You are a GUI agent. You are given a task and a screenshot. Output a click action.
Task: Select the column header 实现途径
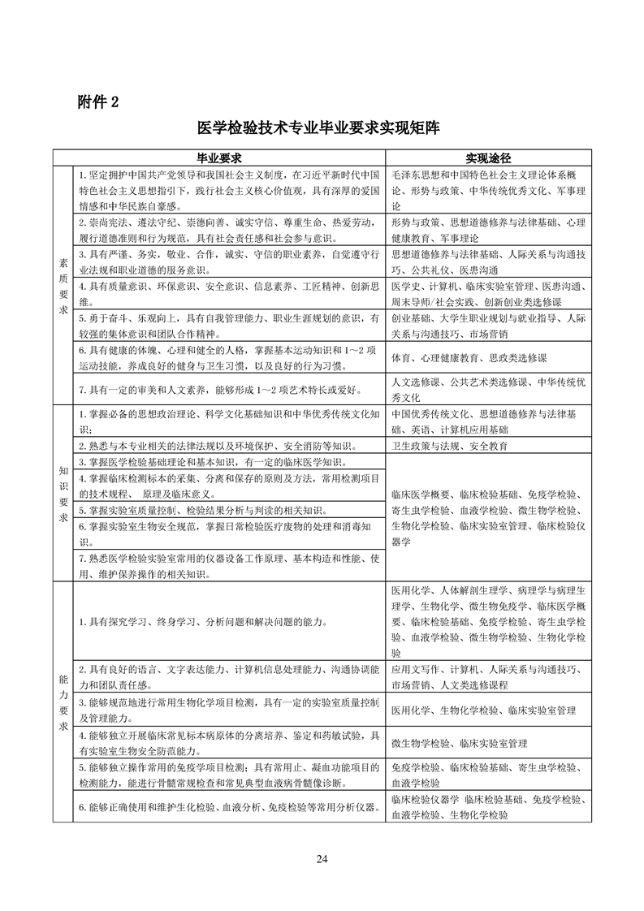click(x=492, y=157)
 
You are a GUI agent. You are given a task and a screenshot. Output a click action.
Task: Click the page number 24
click(x=322, y=859)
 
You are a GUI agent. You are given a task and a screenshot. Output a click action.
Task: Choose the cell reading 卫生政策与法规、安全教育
click(x=449, y=446)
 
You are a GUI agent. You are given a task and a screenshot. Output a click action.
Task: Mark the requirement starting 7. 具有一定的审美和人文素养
click(x=219, y=390)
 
